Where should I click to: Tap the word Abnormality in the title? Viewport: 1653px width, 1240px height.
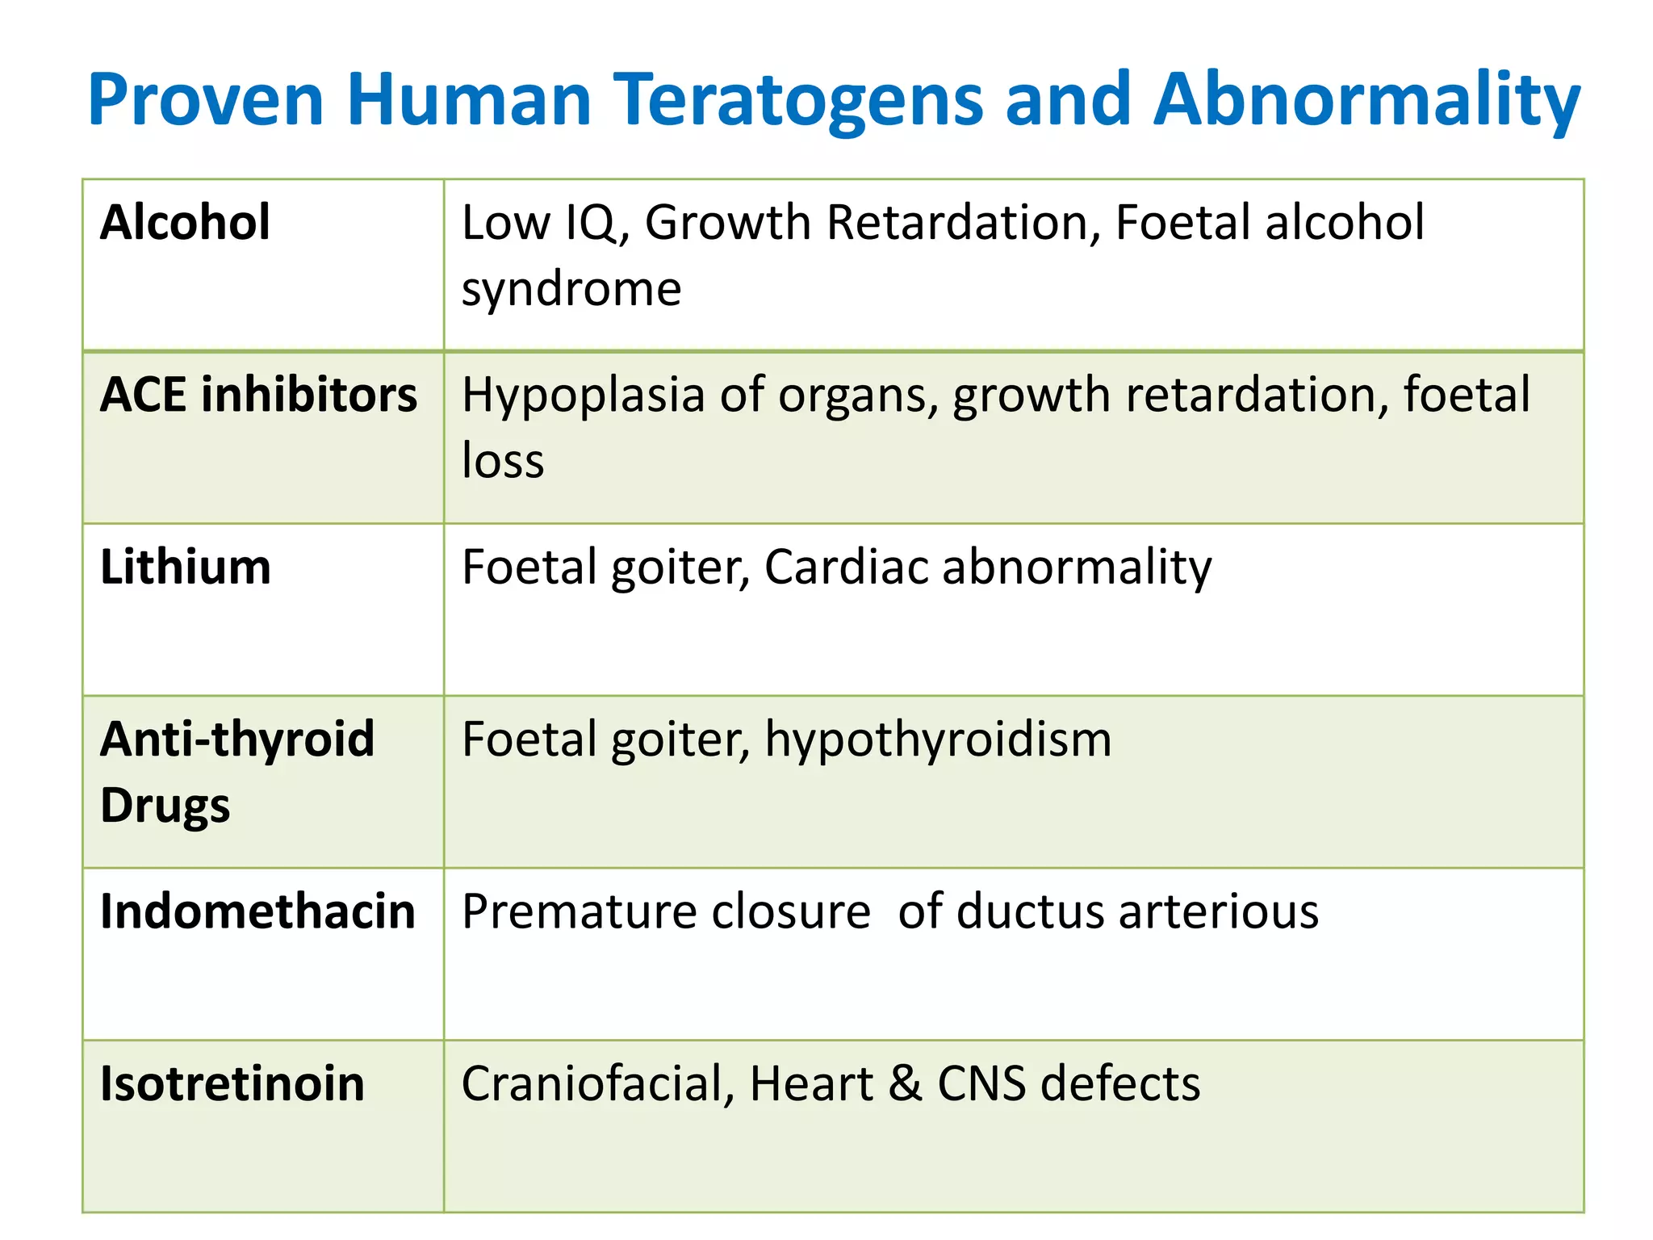(1366, 101)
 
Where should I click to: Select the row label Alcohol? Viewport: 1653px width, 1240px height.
(185, 223)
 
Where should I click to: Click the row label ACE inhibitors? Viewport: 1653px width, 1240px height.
(258, 396)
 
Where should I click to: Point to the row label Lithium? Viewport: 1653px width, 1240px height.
(185, 567)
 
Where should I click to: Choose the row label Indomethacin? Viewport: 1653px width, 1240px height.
(257, 911)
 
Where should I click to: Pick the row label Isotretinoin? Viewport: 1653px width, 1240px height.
(232, 1083)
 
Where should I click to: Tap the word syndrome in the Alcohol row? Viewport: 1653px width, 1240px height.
(571, 289)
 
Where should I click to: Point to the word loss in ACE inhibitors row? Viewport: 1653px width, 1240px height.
(502, 461)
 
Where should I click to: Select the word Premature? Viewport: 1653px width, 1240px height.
(585, 911)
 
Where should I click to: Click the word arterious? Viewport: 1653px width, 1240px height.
(1219, 911)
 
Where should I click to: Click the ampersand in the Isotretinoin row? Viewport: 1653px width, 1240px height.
(905, 1083)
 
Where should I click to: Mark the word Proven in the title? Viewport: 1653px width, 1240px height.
(206, 101)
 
